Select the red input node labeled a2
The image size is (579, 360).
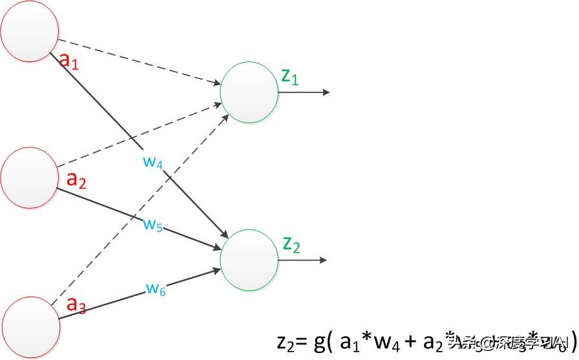click(30, 175)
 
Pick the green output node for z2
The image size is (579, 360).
click(249, 260)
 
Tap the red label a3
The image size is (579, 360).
click(77, 304)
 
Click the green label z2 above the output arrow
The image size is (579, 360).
click(291, 244)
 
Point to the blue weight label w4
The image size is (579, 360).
click(153, 161)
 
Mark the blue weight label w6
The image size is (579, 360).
click(155, 289)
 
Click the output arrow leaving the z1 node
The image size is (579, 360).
click(304, 92)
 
